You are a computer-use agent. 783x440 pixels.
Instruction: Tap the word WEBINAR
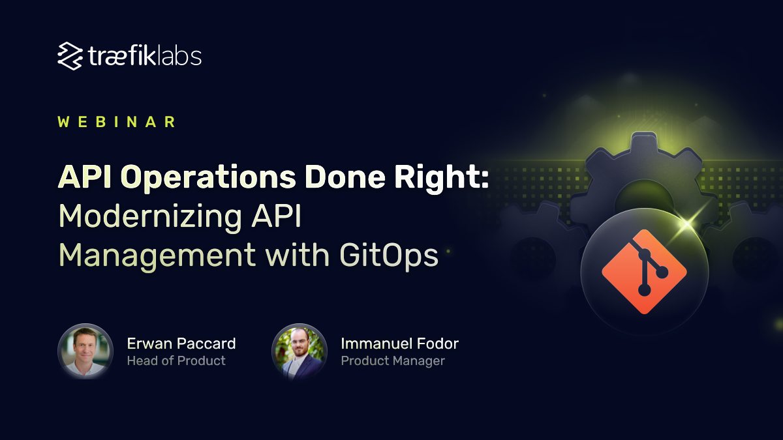[117, 122]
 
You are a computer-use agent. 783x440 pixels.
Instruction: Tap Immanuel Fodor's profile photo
[299, 351]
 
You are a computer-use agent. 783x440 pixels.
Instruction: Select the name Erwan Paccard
[181, 344]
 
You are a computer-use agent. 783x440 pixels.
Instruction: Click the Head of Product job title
[176, 360]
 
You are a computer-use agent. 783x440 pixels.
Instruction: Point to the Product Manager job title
[393, 360]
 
